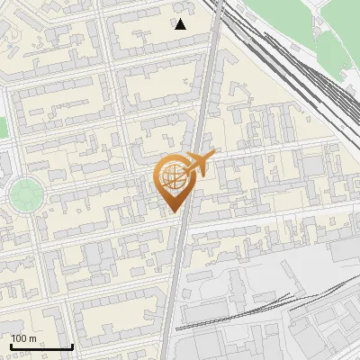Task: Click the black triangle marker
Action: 181,24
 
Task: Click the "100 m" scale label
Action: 24,338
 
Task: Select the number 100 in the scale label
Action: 20,338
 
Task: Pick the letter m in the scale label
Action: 32,338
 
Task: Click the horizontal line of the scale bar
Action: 40,346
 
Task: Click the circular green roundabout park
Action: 24,193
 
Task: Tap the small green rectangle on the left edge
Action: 3,128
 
